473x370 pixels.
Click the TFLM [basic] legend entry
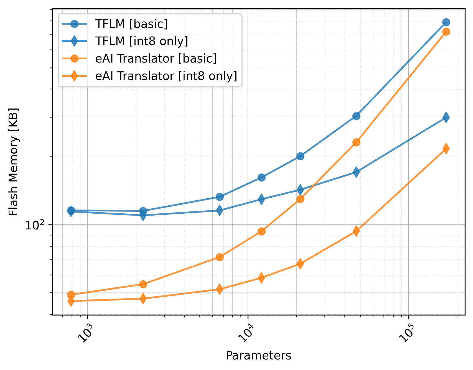tap(131, 24)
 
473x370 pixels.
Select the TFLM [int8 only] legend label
tap(141, 41)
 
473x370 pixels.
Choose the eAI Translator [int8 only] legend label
tap(166, 76)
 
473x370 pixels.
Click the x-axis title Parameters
tap(258, 356)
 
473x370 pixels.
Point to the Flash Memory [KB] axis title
tap(13, 162)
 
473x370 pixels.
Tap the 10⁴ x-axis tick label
tap(246, 333)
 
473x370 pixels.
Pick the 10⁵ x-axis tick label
tap(406, 333)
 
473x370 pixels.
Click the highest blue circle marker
tap(446, 22)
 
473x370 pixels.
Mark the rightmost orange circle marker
tap(446, 32)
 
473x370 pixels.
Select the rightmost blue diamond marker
tap(446, 117)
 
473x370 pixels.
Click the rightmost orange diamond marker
tap(446, 149)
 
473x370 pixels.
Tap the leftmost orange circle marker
tap(71, 294)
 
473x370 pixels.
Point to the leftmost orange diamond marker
tap(71, 301)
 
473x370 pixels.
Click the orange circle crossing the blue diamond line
tap(300, 199)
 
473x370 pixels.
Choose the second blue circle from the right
tap(357, 116)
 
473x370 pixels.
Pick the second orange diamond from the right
tap(357, 231)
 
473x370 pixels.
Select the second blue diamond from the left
tap(143, 215)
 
